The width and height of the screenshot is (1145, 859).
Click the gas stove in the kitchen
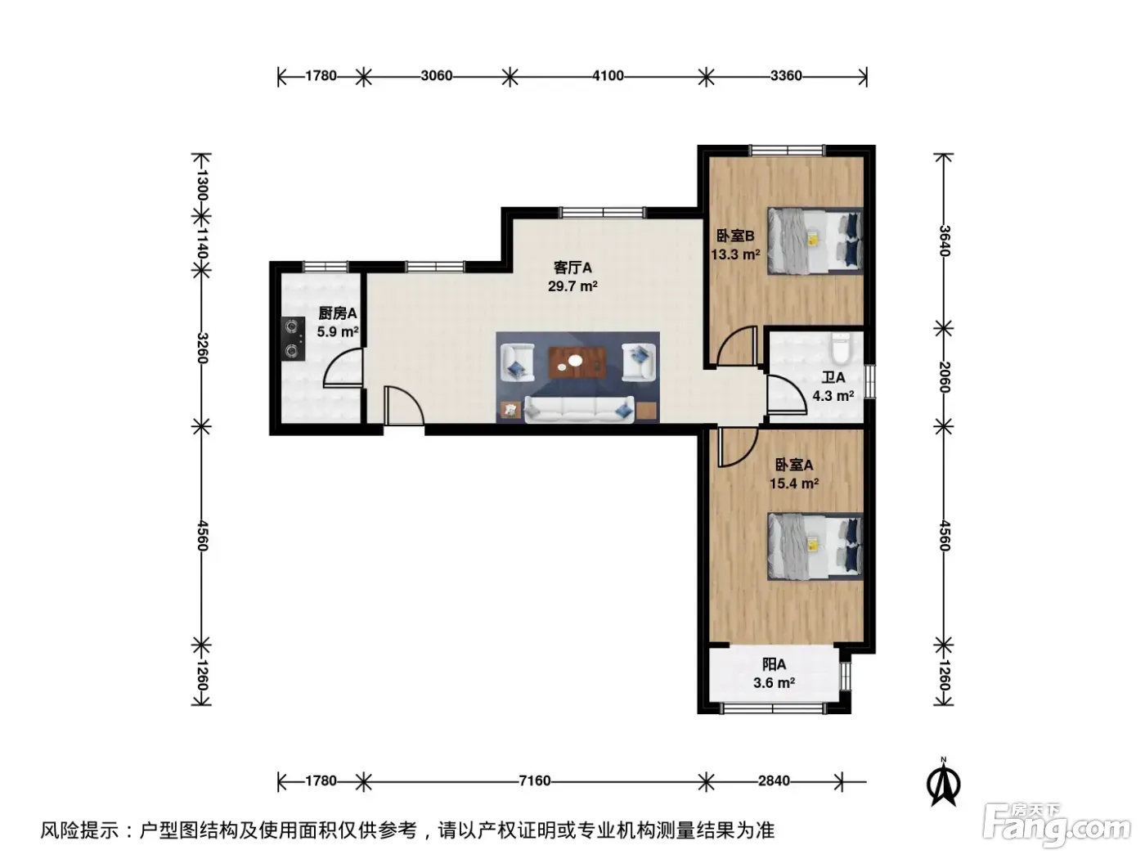(x=293, y=339)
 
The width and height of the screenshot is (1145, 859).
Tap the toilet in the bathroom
(x=841, y=349)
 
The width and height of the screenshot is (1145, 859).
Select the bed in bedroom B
(x=815, y=241)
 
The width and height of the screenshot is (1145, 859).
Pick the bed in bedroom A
(x=815, y=546)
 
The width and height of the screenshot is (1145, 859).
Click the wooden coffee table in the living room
(x=577, y=362)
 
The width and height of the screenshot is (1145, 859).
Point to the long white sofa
(x=579, y=409)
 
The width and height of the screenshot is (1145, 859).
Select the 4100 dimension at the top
(x=608, y=76)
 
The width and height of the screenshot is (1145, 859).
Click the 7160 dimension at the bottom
(x=535, y=780)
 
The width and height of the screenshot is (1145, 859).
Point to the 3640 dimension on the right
(x=944, y=241)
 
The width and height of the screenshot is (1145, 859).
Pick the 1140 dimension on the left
(x=201, y=243)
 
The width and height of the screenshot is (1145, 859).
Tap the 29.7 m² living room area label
(x=572, y=286)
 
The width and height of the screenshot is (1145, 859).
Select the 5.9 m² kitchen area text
(x=338, y=331)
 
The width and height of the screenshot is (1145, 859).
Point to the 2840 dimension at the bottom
(x=774, y=780)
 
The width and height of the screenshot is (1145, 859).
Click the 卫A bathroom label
(x=833, y=377)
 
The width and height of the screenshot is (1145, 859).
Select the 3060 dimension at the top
(x=437, y=76)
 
